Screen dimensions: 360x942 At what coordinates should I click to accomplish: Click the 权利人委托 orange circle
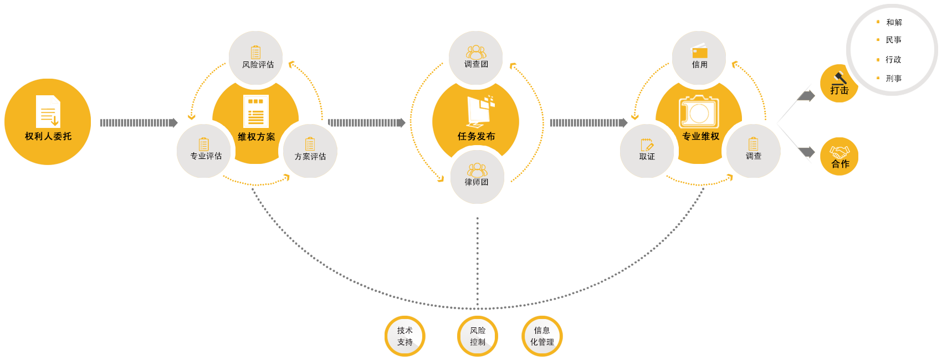48,122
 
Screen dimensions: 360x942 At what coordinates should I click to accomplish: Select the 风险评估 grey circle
255,58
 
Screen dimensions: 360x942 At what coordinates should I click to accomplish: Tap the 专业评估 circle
204,150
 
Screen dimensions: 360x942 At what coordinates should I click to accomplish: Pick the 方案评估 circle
310,150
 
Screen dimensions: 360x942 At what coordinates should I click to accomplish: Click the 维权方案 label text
256,137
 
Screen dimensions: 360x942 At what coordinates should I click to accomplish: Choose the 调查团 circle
476,58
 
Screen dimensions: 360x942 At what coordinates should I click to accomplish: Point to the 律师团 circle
476,176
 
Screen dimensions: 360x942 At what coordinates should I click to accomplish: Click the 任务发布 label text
476,136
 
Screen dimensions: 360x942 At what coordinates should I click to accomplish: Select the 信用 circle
699,58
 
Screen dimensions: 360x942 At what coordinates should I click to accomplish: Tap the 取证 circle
647,150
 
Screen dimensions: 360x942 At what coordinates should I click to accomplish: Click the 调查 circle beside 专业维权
753,150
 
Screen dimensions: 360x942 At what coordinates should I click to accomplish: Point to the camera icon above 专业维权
699,112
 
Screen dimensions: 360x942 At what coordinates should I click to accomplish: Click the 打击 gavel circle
838,84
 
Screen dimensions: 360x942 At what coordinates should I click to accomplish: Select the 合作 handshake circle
839,157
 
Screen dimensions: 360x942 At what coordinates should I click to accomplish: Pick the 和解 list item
893,22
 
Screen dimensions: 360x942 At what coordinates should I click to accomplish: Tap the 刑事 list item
893,79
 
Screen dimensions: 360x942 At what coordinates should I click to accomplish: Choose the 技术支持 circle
405,336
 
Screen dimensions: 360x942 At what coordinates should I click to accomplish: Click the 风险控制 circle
478,336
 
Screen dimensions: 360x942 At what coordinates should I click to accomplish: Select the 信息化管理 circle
542,336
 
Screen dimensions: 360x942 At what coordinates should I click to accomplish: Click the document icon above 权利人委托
48,111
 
